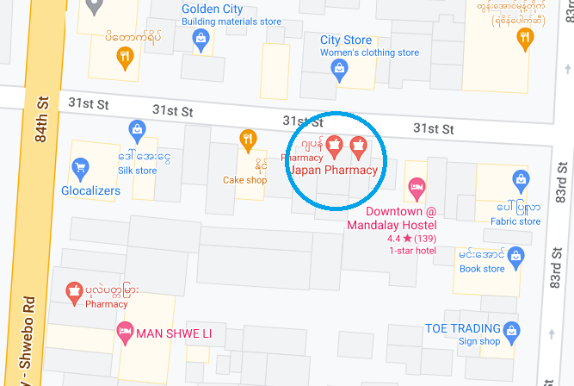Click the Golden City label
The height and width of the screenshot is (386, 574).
coord(212,9)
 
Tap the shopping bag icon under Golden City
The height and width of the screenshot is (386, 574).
coord(201,38)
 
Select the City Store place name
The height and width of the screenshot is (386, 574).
coord(346,40)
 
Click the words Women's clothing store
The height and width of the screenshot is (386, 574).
coord(370,53)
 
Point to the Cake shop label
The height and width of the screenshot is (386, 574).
coord(245,180)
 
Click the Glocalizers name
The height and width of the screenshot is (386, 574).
coord(90,190)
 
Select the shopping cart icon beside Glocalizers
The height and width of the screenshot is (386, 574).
coord(80,167)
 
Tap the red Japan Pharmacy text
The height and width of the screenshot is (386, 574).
coord(334,171)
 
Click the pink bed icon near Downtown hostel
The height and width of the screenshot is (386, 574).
coord(417,186)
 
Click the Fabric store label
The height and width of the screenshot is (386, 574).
coord(515,221)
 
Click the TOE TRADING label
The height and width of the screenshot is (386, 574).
coord(463,328)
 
